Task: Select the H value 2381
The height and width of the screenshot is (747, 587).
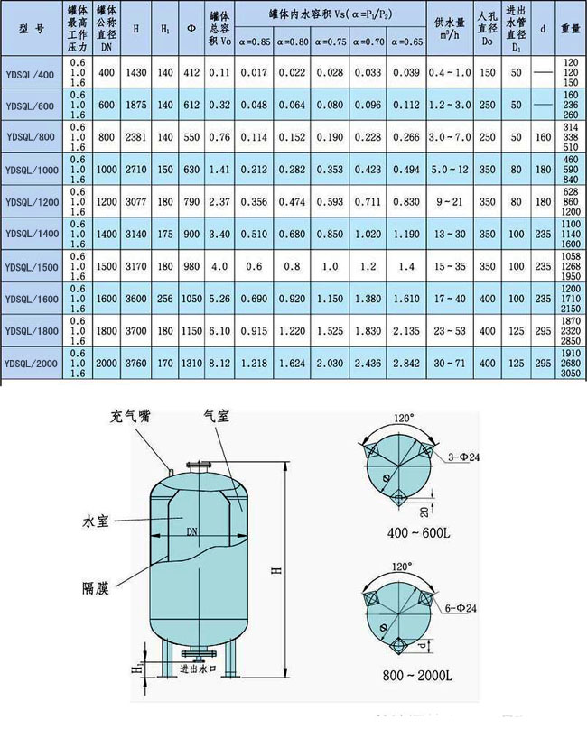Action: pyautogui.click(x=135, y=135)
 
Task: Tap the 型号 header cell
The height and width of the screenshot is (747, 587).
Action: pyautogui.click(x=32, y=28)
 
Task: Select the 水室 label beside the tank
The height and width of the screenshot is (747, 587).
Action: pyautogui.click(x=92, y=521)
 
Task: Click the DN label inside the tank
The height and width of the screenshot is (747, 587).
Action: pyautogui.click(x=191, y=531)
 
